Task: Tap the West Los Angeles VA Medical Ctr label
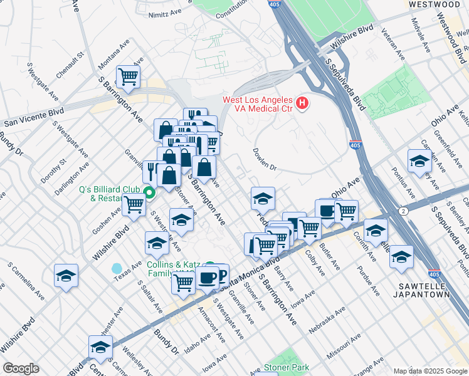[x=258, y=104]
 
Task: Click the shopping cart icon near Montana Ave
[x=129, y=76]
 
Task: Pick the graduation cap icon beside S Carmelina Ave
[x=66, y=275]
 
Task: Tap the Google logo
[x=21, y=368]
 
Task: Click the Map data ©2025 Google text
[x=430, y=371]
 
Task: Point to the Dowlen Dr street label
[x=265, y=159]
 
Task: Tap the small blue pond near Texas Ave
[x=117, y=269]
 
